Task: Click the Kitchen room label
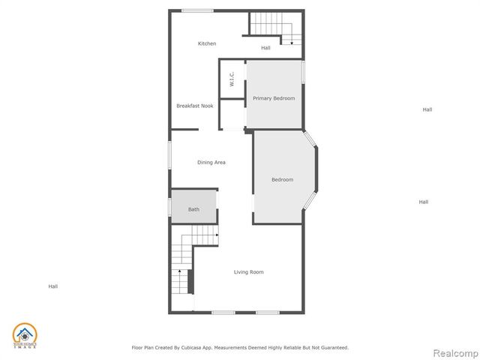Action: pos(207,43)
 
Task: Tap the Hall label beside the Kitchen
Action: pos(265,48)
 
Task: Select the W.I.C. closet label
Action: pos(232,79)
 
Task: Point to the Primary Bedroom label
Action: pos(274,98)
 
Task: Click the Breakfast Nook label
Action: pos(195,106)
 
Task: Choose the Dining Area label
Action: pos(211,162)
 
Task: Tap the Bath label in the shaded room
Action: pos(193,209)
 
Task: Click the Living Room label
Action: pos(248,271)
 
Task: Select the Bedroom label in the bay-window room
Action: pos(282,179)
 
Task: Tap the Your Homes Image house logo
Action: pos(24,336)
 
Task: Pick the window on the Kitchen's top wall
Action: pos(197,10)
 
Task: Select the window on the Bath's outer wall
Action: pos(170,207)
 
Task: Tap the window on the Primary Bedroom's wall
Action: pos(303,72)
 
